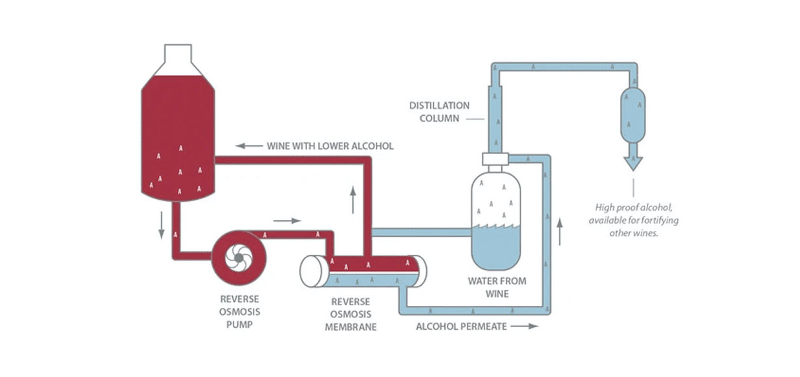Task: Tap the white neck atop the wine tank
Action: pyautogui.click(x=178, y=54)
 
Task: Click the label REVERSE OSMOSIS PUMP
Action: pyautogui.click(x=239, y=312)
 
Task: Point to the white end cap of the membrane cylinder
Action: pyautogui.click(x=312, y=270)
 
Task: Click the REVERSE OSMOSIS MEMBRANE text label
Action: pyautogui.click(x=351, y=314)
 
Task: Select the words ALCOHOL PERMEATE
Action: pyautogui.click(x=460, y=327)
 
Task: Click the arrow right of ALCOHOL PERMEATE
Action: pyautogui.click(x=524, y=327)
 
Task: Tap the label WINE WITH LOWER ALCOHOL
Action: pyautogui.click(x=330, y=145)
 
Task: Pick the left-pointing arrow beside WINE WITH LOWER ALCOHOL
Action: pyautogui.click(x=248, y=145)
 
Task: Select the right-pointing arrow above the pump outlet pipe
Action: pyautogui.click(x=287, y=221)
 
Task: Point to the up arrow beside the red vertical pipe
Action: pyautogui.click(x=352, y=200)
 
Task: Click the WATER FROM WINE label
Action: pyautogui.click(x=497, y=287)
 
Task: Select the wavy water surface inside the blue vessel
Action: pyautogui.click(x=496, y=226)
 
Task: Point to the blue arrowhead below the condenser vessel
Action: pyautogui.click(x=633, y=162)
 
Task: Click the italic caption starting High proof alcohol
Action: pyautogui.click(x=633, y=221)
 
